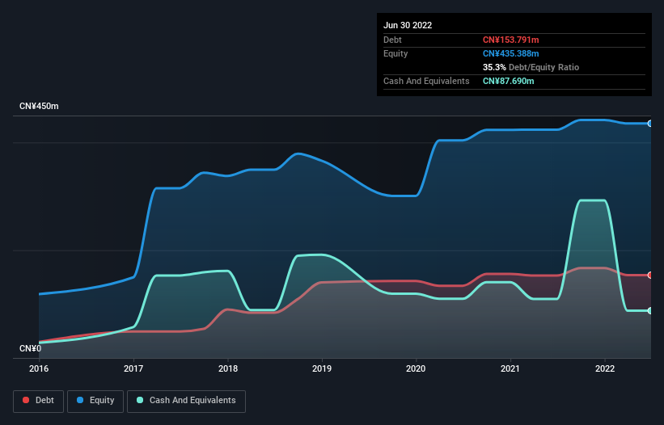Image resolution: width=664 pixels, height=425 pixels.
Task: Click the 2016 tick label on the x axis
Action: [x=39, y=368]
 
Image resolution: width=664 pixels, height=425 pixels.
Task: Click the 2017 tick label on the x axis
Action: [x=133, y=368]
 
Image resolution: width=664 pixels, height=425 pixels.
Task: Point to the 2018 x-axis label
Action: [x=228, y=368]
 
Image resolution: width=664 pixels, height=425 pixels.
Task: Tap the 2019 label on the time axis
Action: [x=322, y=368]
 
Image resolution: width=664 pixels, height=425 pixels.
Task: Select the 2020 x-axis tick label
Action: [x=417, y=368]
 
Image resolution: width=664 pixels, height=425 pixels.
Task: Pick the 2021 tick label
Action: [x=510, y=368]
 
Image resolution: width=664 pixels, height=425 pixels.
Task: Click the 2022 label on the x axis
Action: [x=605, y=368]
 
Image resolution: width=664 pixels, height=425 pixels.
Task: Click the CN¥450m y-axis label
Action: [x=39, y=107]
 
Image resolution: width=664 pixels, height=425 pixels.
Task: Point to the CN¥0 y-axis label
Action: [x=31, y=348]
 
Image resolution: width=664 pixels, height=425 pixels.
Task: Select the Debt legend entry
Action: [x=39, y=401]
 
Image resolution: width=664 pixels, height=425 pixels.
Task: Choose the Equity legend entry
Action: [x=95, y=401]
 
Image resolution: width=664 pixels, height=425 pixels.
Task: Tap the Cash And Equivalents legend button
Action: [x=186, y=401]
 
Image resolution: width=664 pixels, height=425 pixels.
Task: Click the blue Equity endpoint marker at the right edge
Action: [x=650, y=124]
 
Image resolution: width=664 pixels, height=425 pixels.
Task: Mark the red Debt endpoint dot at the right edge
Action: [x=650, y=276]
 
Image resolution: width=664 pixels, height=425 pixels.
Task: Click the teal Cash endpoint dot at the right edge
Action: [x=650, y=310]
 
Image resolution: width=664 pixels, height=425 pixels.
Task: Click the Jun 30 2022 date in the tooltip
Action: [x=408, y=25]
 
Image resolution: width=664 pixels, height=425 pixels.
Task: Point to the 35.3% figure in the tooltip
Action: [x=494, y=67]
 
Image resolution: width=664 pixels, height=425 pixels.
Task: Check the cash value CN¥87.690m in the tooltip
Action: [x=509, y=81]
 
